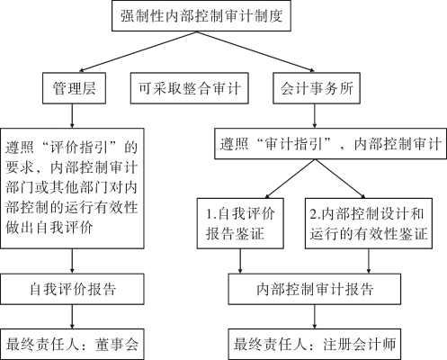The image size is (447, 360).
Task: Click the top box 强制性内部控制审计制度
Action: tap(201, 15)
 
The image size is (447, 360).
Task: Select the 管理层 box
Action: tap(74, 88)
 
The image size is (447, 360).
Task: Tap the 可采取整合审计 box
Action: tap(190, 88)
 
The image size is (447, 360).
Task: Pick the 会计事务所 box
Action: tap(317, 88)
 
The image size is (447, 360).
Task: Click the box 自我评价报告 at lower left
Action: tap(72, 289)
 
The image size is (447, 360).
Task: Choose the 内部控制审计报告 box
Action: tap(315, 289)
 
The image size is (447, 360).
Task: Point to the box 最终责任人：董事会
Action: tap(72, 344)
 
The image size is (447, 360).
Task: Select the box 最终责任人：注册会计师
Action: tap(315, 344)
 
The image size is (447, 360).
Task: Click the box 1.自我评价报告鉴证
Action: tap(240, 223)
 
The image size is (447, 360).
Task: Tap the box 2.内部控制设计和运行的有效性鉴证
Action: tap(369, 223)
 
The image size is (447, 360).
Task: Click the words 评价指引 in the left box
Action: tap(79, 148)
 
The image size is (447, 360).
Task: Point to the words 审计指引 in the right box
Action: tap(294, 144)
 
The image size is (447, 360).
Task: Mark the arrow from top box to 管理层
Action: tap(138, 51)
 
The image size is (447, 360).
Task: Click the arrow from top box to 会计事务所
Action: tap(255, 51)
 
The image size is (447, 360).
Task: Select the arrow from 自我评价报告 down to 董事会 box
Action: tap(72, 317)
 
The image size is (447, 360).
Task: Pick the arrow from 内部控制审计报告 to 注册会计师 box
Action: tap(315, 317)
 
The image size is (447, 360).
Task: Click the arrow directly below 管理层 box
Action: tap(72, 116)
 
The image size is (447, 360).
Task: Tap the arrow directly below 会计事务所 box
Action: tap(315, 116)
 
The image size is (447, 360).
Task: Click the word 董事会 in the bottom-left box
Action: tap(117, 345)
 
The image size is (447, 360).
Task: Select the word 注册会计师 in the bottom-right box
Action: tap(360, 345)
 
